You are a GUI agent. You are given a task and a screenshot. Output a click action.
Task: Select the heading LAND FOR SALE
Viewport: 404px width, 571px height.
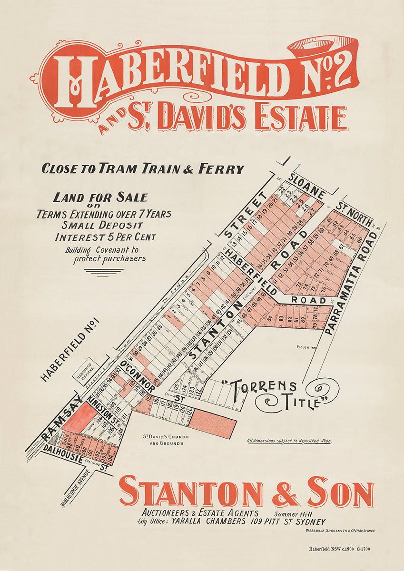tap(100, 197)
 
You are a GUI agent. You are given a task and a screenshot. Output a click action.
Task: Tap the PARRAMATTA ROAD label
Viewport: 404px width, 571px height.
tap(352, 284)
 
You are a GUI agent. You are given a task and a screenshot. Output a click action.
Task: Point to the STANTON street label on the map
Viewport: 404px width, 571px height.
tap(212, 334)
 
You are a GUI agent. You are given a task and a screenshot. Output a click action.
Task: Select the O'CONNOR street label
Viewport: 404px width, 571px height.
tap(138, 376)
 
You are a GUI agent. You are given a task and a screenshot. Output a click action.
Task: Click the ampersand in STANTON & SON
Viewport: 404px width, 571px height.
tap(285, 492)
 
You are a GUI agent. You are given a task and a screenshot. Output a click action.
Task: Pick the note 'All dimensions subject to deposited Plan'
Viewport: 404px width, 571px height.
tap(289, 441)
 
